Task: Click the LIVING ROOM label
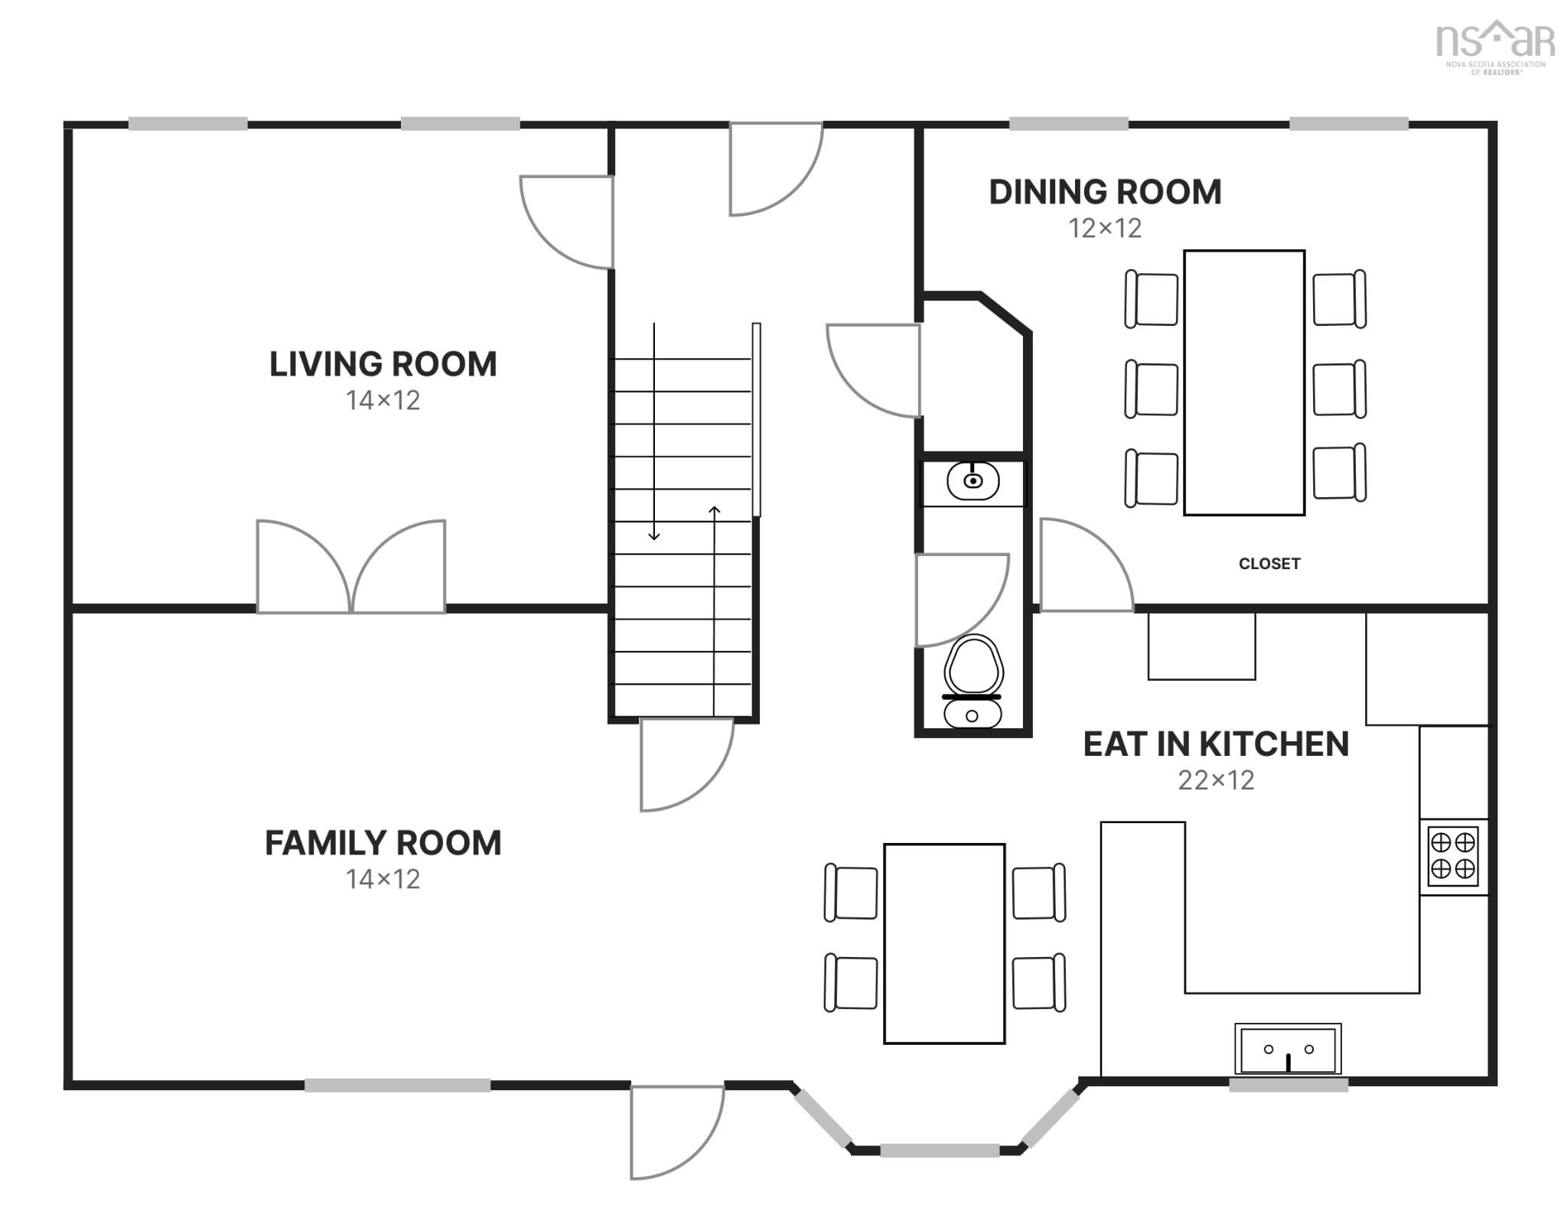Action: pos(383,364)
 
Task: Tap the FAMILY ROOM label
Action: pos(383,843)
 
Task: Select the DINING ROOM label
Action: pos(1105,192)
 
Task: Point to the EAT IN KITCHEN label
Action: pos(1216,744)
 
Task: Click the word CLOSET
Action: pos(1269,564)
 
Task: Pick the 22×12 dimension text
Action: pos(1216,780)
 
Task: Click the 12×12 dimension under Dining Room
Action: pos(1105,228)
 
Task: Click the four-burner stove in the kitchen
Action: pos(1453,857)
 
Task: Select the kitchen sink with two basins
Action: pos(1288,1049)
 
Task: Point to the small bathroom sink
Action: pos(972,481)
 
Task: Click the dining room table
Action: pos(1244,383)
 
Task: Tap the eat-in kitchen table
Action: pos(944,943)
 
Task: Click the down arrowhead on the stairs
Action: pos(654,536)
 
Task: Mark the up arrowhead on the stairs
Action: pos(715,509)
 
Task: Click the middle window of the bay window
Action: pos(940,1150)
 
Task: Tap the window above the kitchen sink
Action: pos(1288,1084)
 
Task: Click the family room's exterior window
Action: pos(398,1085)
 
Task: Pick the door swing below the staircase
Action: pos(687,765)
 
